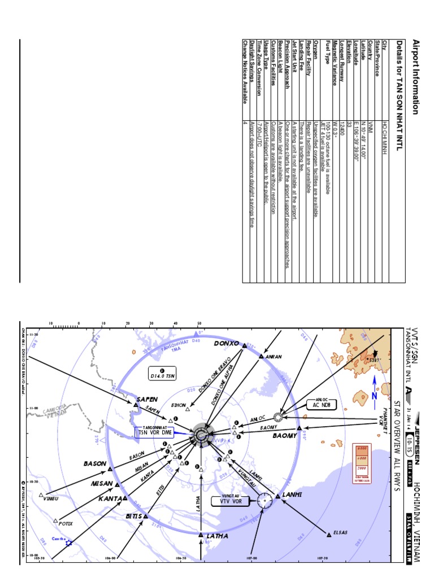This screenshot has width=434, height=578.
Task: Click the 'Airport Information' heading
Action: (416, 77)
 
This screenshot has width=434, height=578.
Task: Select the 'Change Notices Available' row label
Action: (245, 71)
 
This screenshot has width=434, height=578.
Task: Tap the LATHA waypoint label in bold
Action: (217, 536)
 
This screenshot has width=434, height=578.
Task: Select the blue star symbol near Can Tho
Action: (69, 542)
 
